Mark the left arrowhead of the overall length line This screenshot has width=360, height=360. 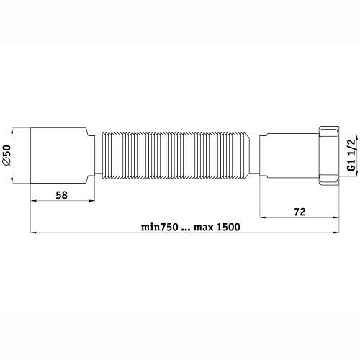(x=34, y=233)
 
